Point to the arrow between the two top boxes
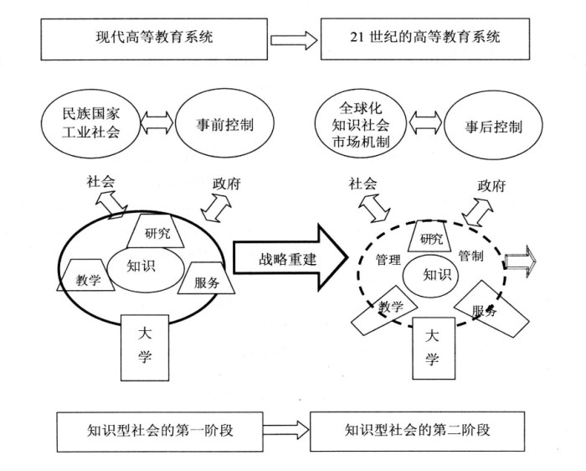pyautogui.click(x=294, y=39)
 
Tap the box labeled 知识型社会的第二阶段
pyautogui.click(x=416, y=431)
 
